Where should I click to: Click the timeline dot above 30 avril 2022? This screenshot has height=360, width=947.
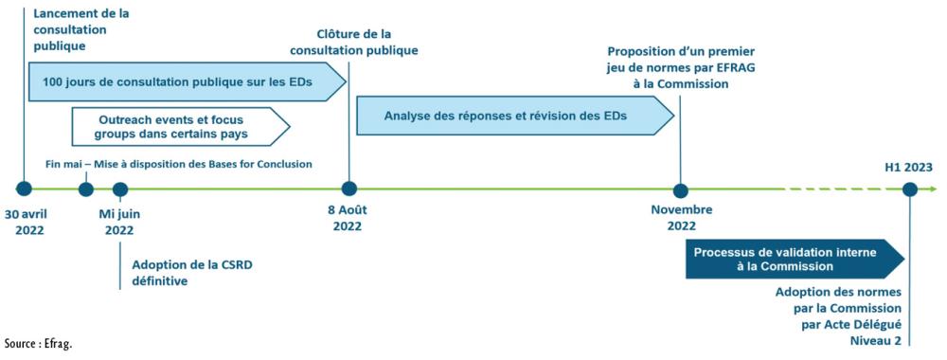coord(25,189)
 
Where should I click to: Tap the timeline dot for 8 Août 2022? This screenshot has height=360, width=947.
coord(348,189)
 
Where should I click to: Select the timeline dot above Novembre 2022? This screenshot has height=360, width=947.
coord(679,189)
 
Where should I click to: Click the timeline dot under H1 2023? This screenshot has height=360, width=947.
coord(909,189)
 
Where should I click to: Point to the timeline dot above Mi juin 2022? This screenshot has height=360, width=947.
coord(119,189)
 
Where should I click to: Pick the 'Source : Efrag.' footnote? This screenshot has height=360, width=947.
coord(38,344)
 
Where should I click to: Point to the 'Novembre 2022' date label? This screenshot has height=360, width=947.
coord(681,219)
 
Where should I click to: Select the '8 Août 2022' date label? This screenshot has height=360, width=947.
coord(348,219)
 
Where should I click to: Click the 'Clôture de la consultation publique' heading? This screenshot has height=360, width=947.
coord(353,43)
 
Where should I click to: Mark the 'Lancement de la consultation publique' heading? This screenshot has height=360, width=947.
coord(80,30)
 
